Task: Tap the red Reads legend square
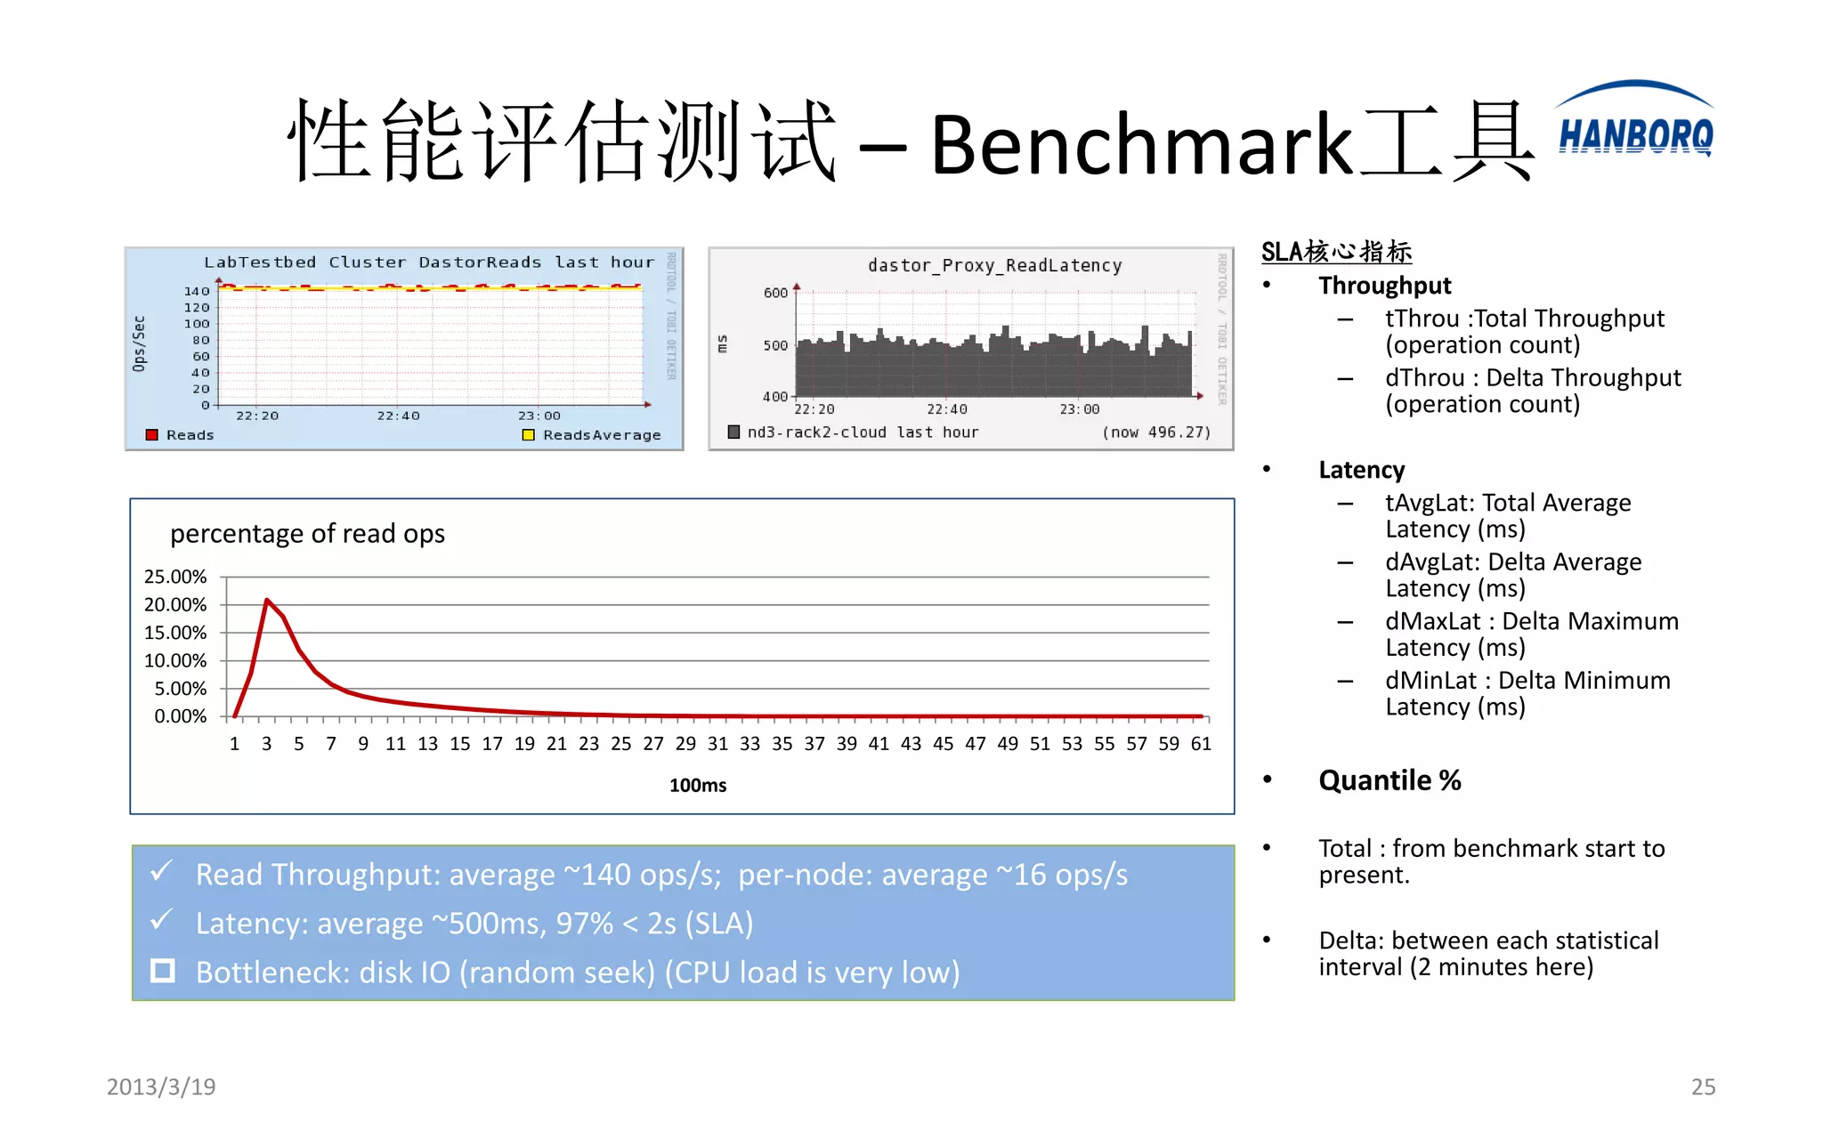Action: tap(151, 435)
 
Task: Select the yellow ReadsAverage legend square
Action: tap(528, 435)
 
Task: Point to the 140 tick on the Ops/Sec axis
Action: tap(197, 291)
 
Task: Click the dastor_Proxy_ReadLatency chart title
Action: tap(994, 265)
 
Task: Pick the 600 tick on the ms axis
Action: tap(775, 293)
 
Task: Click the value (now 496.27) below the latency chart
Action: tap(1156, 432)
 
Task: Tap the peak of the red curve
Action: tap(267, 601)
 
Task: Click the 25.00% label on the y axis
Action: tap(175, 577)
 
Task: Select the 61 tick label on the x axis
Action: tap(1201, 744)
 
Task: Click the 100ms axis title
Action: tap(698, 785)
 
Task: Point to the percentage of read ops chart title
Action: tap(307, 533)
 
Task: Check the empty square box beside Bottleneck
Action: tap(163, 970)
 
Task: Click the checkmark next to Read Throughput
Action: tap(161, 871)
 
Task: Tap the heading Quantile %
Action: tap(1390, 780)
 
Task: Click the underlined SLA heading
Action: tap(1336, 252)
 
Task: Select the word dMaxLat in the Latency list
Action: tap(1433, 621)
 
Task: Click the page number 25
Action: tap(1703, 1086)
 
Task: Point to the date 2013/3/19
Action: tap(161, 1086)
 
